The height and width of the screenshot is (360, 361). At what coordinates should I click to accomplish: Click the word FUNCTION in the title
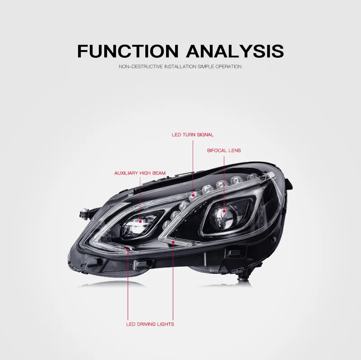(x=128, y=51)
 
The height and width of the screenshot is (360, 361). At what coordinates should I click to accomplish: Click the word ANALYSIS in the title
(x=235, y=51)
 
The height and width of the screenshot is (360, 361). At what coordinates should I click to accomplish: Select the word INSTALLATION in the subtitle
(x=180, y=67)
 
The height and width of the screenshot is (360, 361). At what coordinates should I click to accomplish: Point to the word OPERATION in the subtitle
(x=228, y=67)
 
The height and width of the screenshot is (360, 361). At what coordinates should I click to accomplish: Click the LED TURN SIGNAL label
(x=193, y=134)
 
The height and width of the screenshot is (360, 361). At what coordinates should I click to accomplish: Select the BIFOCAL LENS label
(x=224, y=151)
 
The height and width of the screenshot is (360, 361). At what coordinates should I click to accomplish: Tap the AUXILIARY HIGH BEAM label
(x=140, y=173)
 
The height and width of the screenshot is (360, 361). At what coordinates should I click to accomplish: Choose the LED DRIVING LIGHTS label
(x=150, y=324)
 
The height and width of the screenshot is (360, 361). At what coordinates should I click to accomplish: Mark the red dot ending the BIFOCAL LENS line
(x=224, y=211)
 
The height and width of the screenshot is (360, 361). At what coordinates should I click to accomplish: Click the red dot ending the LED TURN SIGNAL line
(x=193, y=195)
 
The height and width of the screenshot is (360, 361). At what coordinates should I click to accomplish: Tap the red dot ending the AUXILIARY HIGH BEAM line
(x=140, y=222)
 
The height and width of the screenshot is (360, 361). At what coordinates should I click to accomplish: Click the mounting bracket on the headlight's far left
(x=84, y=212)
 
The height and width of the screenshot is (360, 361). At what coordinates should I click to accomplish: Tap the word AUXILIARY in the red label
(x=126, y=173)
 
